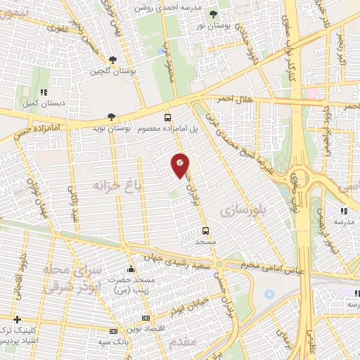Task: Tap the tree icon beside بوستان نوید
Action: pyautogui.click(x=110, y=117)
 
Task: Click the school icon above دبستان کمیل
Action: pyautogui.click(x=44, y=91)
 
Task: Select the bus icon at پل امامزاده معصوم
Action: pyautogui.click(x=167, y=117)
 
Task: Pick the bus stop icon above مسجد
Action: pyautogui.click(x=205, y=230)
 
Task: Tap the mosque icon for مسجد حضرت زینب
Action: pyautogui.click(x=131, y=268)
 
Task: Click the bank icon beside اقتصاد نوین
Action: pyautogui.click(x=146, y=319)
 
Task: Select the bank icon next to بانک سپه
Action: pyautogui.click(x=113, y=331)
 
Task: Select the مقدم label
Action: pyautogui.click(x=182, y=342)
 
